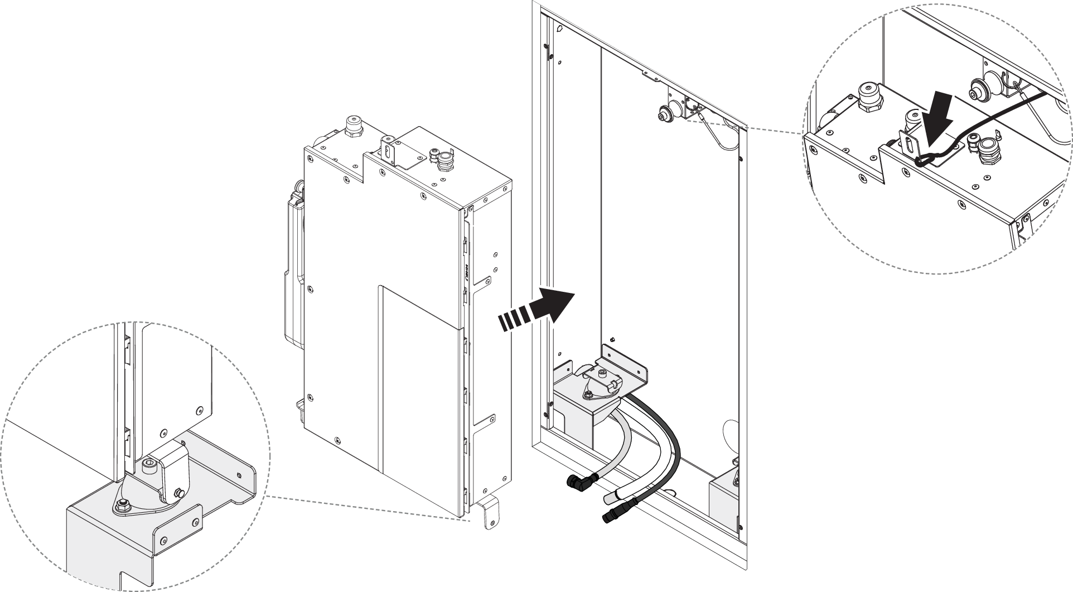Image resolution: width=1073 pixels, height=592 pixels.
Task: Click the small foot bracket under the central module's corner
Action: pos(489,514)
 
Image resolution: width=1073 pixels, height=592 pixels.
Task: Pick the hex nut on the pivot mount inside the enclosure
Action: pos(588,394)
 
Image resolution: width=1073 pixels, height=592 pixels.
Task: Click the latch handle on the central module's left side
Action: pos(294,268)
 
